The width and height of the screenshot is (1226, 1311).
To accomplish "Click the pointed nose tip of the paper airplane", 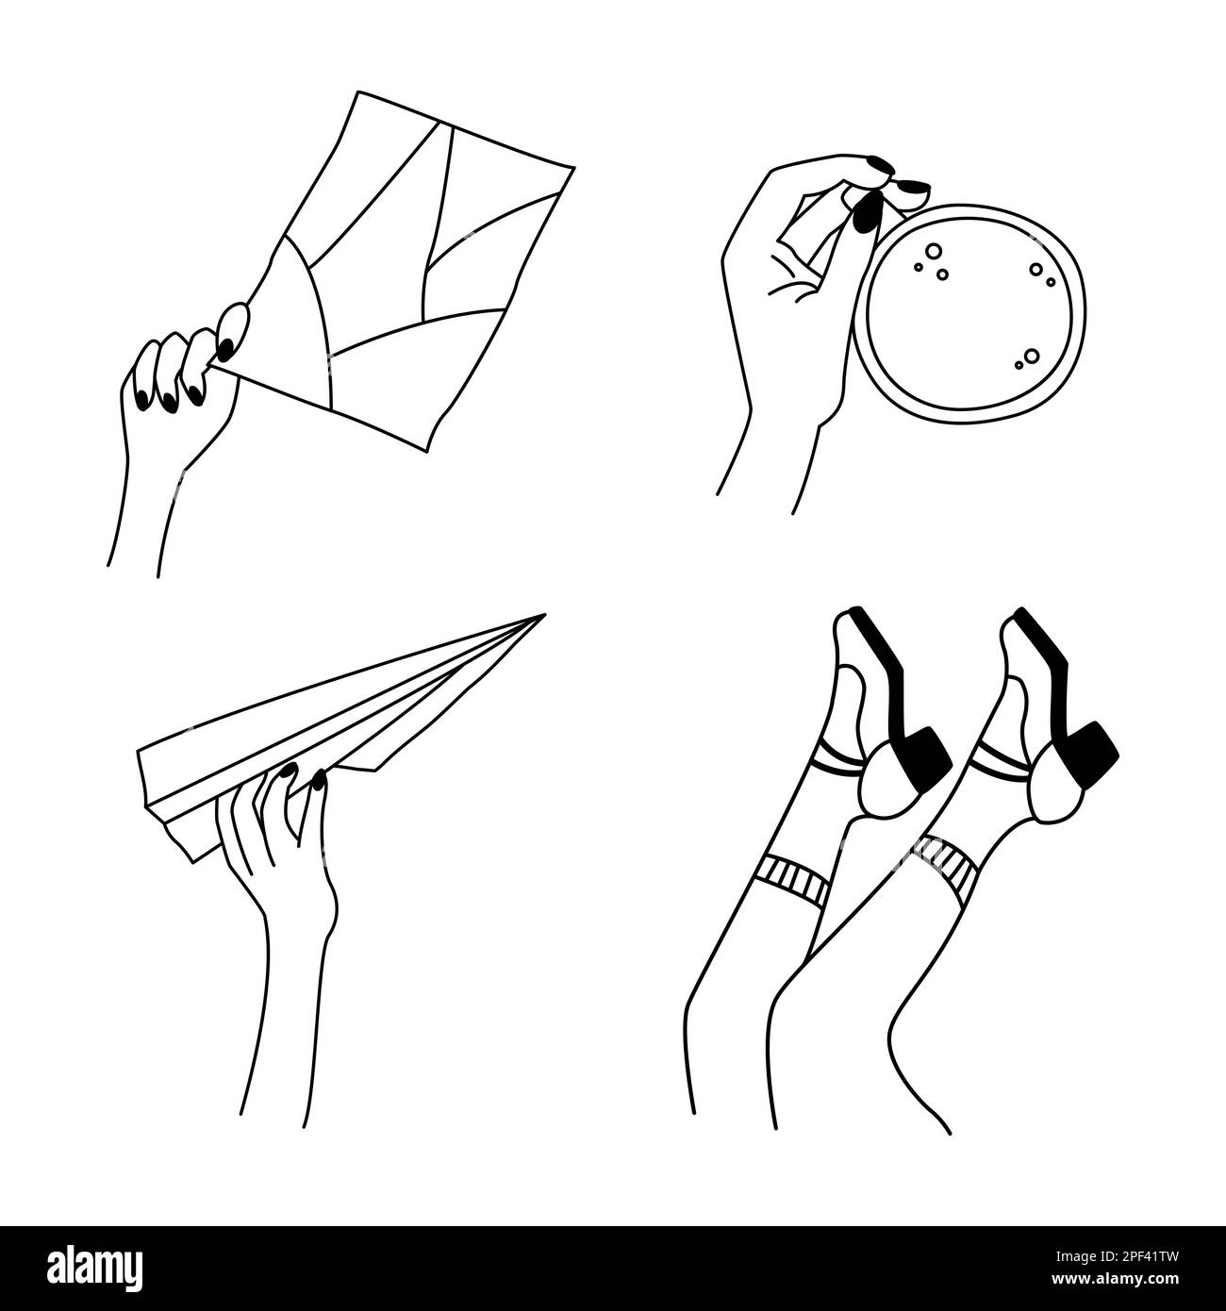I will [x=542, y=617].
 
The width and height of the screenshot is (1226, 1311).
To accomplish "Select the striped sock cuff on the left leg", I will [x=797, y=879].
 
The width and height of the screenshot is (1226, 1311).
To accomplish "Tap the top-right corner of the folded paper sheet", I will [x=572, y=168].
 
